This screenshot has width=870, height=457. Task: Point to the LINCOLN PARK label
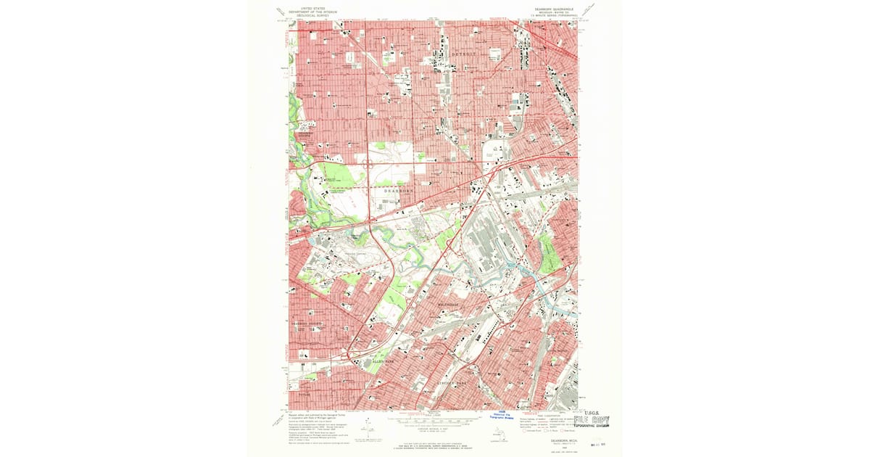[x=454, y=381]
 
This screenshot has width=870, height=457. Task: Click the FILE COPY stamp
[x=591, y=420]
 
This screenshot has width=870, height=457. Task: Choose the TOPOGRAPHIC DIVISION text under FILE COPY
[x=591, y=427]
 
